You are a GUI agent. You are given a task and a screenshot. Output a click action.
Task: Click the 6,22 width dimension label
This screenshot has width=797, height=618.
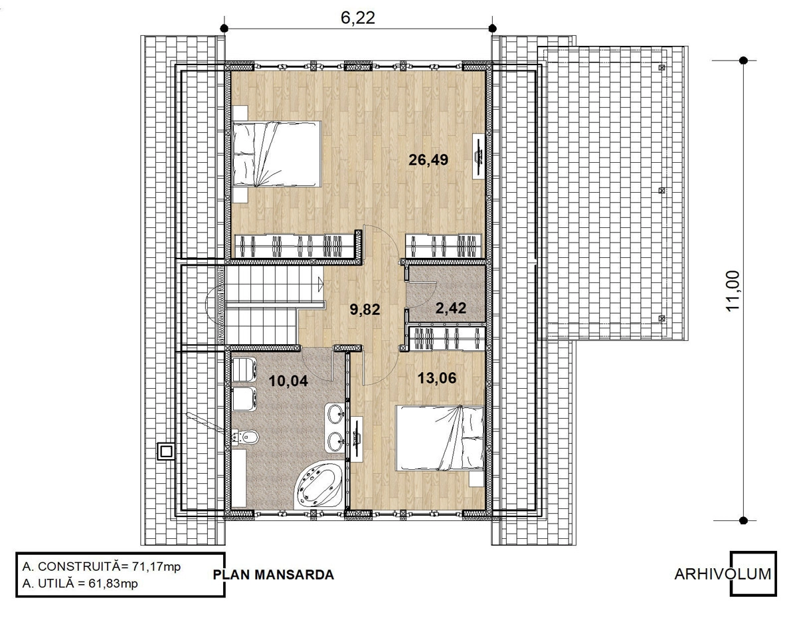click(x=358, y=19)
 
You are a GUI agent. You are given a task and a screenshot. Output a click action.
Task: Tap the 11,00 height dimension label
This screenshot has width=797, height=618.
click(x=733, y=291)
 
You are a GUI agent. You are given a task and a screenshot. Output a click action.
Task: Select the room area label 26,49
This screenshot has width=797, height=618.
click(x=428, y=159)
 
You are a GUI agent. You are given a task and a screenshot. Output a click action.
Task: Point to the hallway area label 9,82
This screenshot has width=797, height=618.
click(x=365, y=310)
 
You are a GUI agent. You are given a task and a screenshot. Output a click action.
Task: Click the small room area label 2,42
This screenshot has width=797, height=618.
click(x=451, y=308)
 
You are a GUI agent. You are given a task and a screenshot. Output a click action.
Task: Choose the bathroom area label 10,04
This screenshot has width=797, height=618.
click(x=288, y=381)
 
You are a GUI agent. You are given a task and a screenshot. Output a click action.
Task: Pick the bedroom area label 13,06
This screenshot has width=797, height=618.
click(x=437, y=377)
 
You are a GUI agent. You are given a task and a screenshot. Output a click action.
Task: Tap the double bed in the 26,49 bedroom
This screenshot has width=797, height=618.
click(x=277, y=154)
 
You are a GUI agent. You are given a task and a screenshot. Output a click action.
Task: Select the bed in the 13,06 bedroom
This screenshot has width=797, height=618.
click(x=439, y=438)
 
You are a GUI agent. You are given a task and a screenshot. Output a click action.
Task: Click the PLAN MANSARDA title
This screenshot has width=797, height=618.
click(x=274, y=574)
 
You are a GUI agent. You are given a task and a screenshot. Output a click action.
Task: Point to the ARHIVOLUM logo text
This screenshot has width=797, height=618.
click(x=723, y=574)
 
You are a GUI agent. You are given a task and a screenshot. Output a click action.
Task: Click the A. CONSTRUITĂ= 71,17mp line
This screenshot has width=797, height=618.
click(x=102, y=567)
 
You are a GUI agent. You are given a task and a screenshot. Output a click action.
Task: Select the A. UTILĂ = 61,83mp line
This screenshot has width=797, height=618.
click(x=80, y=583)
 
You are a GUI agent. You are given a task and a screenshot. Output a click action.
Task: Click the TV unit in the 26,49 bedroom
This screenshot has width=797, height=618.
click(x=479, y=156)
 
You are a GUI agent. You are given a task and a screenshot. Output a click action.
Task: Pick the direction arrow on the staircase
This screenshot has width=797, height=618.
click(x=320, y=284)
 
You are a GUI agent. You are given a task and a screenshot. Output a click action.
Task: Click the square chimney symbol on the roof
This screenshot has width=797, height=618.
click(x=165, y=451)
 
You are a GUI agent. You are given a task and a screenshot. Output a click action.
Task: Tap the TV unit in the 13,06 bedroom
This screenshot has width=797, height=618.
click(x=357, y=439)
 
